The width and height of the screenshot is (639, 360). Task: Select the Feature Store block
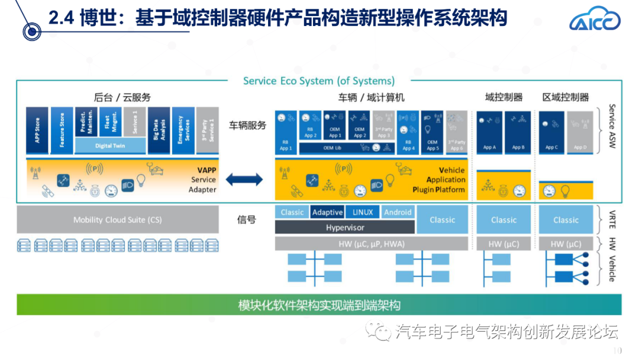tap(62, 130)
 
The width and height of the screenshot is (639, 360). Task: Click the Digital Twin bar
tap(110, 146)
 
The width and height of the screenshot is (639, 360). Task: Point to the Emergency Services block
tap(183, 130)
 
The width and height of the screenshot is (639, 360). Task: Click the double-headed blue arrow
tap(244, 179)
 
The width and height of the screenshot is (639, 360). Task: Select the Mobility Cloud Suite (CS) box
tap(117, 220)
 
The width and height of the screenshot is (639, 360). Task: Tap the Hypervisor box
tap(345, 227)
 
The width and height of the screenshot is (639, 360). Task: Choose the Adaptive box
tap(327, 212)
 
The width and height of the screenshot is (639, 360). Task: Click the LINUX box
tap(363, 212)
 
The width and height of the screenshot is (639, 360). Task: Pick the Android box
tap(398, 212)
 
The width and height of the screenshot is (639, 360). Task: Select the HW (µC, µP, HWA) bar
tap(371, 244)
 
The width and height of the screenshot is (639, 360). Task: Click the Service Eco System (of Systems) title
tap(319, 81)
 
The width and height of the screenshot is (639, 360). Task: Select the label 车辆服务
tap(248, 125)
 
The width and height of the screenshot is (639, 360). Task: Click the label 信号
tap(247, 220)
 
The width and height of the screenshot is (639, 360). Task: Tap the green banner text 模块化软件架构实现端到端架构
tap(319, 306)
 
